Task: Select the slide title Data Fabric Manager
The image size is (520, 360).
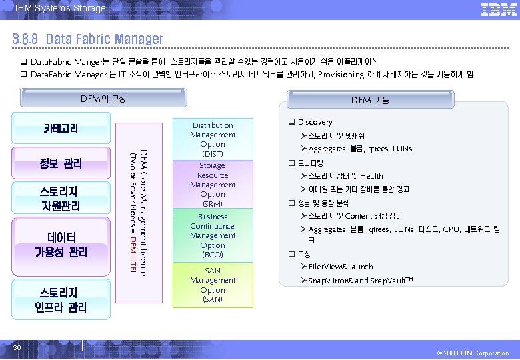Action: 87,39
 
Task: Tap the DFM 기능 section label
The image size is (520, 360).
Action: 370,100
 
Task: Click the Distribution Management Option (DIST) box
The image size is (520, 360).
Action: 212,139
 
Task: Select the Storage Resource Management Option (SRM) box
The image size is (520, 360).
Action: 212,184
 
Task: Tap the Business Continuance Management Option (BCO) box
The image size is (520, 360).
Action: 212,235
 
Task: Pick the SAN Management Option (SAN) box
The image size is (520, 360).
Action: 212,285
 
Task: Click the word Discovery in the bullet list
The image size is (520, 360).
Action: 315,122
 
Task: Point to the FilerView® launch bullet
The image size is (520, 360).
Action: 341,267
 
